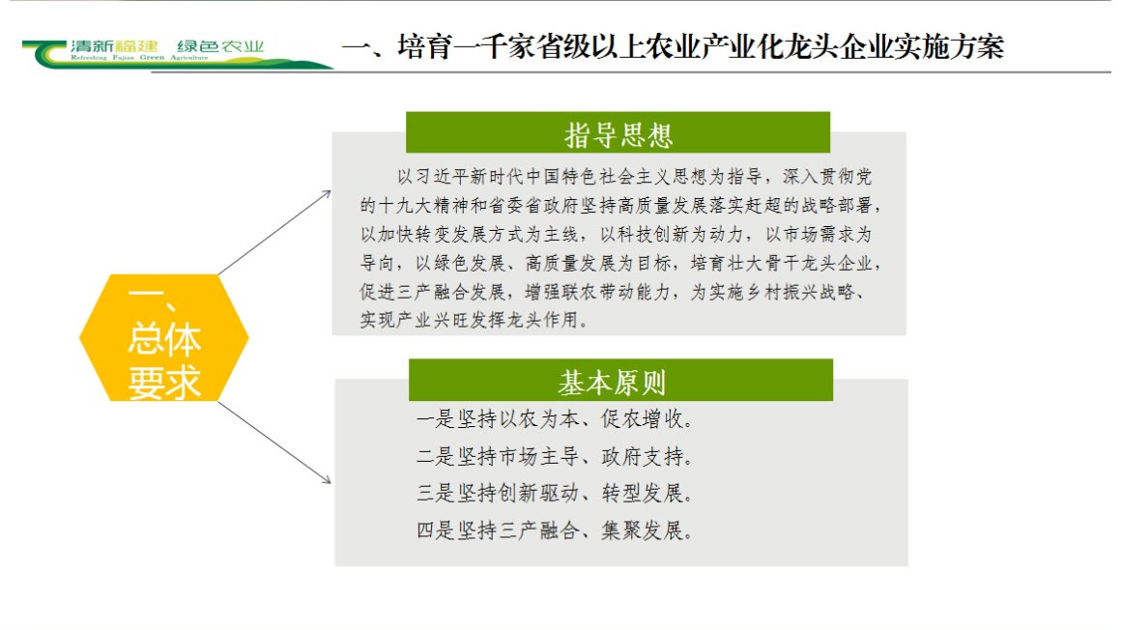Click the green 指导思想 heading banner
coord(618,132)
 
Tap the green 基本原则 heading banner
coord(620,380)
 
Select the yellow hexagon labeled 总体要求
coord(163,337)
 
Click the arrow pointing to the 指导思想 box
coord(274,233)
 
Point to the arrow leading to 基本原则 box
coord(274,443)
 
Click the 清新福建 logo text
coord(114,46)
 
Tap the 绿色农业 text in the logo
coord(220,46)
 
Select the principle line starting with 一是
coord(555,419)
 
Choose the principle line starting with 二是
coord(555,456)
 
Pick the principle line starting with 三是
coord(555,494)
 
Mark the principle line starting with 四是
coord(555,530)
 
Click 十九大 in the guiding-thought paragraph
coord(406,206)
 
